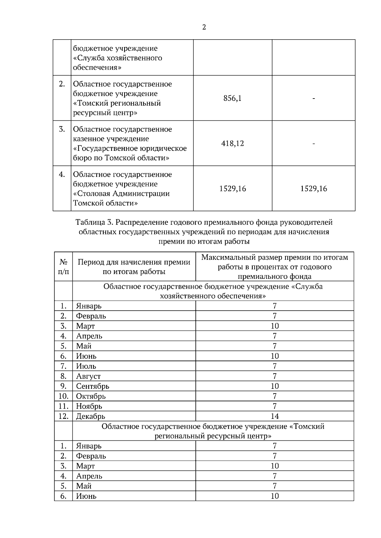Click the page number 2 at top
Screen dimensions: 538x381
[204, 27]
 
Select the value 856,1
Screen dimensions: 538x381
[232, 98]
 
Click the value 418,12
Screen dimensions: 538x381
[232, 144]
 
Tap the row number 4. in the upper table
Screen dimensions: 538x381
[62, 174]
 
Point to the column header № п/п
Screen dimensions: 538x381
[63, 267]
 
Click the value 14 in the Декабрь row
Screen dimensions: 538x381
[275, 416]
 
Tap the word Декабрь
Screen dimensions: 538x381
[90, 416]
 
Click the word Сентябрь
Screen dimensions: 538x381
[92, 386]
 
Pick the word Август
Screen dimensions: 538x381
[88, 376]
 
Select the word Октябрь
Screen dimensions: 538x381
[91, 396]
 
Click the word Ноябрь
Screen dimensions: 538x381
[89, 406]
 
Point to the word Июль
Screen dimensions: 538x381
[86, 366]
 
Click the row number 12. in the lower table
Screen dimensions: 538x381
[63, 416]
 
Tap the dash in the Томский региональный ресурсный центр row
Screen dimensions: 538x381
[314, 99]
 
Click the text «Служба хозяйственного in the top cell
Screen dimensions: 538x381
[118, 58]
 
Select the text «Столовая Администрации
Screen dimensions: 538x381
[122, 193]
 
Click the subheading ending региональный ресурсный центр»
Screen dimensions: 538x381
[213, 436]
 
